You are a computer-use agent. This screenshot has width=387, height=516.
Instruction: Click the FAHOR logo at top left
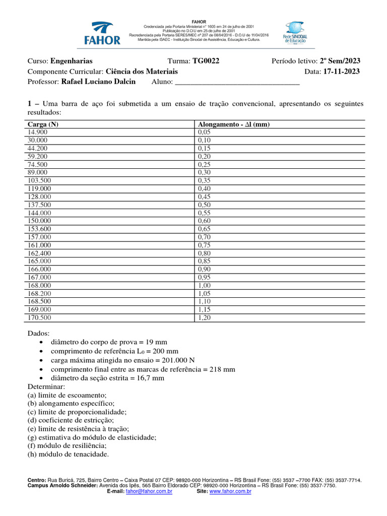tap(105, 33)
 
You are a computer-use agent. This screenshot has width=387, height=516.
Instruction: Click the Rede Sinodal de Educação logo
tap(294, 33)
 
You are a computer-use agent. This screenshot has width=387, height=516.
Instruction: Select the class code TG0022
tap(206, 61)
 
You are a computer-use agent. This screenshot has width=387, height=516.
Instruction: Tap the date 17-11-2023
tap(341, 72)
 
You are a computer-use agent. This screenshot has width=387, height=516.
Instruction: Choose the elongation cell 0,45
tap(205, 197)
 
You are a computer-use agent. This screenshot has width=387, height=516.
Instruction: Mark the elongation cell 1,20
tap(205, 317)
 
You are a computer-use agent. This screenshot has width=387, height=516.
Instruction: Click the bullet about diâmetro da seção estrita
tap(107, 378)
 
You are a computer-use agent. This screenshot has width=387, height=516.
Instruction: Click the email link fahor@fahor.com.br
tap(149, 491)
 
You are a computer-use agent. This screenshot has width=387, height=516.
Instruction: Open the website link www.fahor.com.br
tap(230, 491)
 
